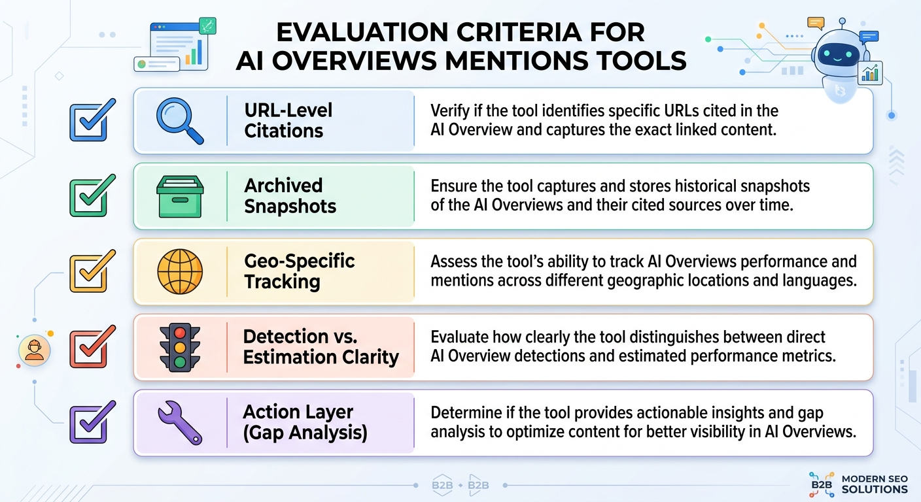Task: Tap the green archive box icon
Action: (180, 195)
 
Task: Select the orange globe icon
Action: (180, 271)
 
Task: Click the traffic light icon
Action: (180, 347)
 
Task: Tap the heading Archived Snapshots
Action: (290, 196)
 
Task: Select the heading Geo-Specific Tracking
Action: (299, 271)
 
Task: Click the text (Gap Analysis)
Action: (305, 433)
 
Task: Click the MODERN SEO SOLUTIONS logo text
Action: (874, 484)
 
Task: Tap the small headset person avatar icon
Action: (34, 350)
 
